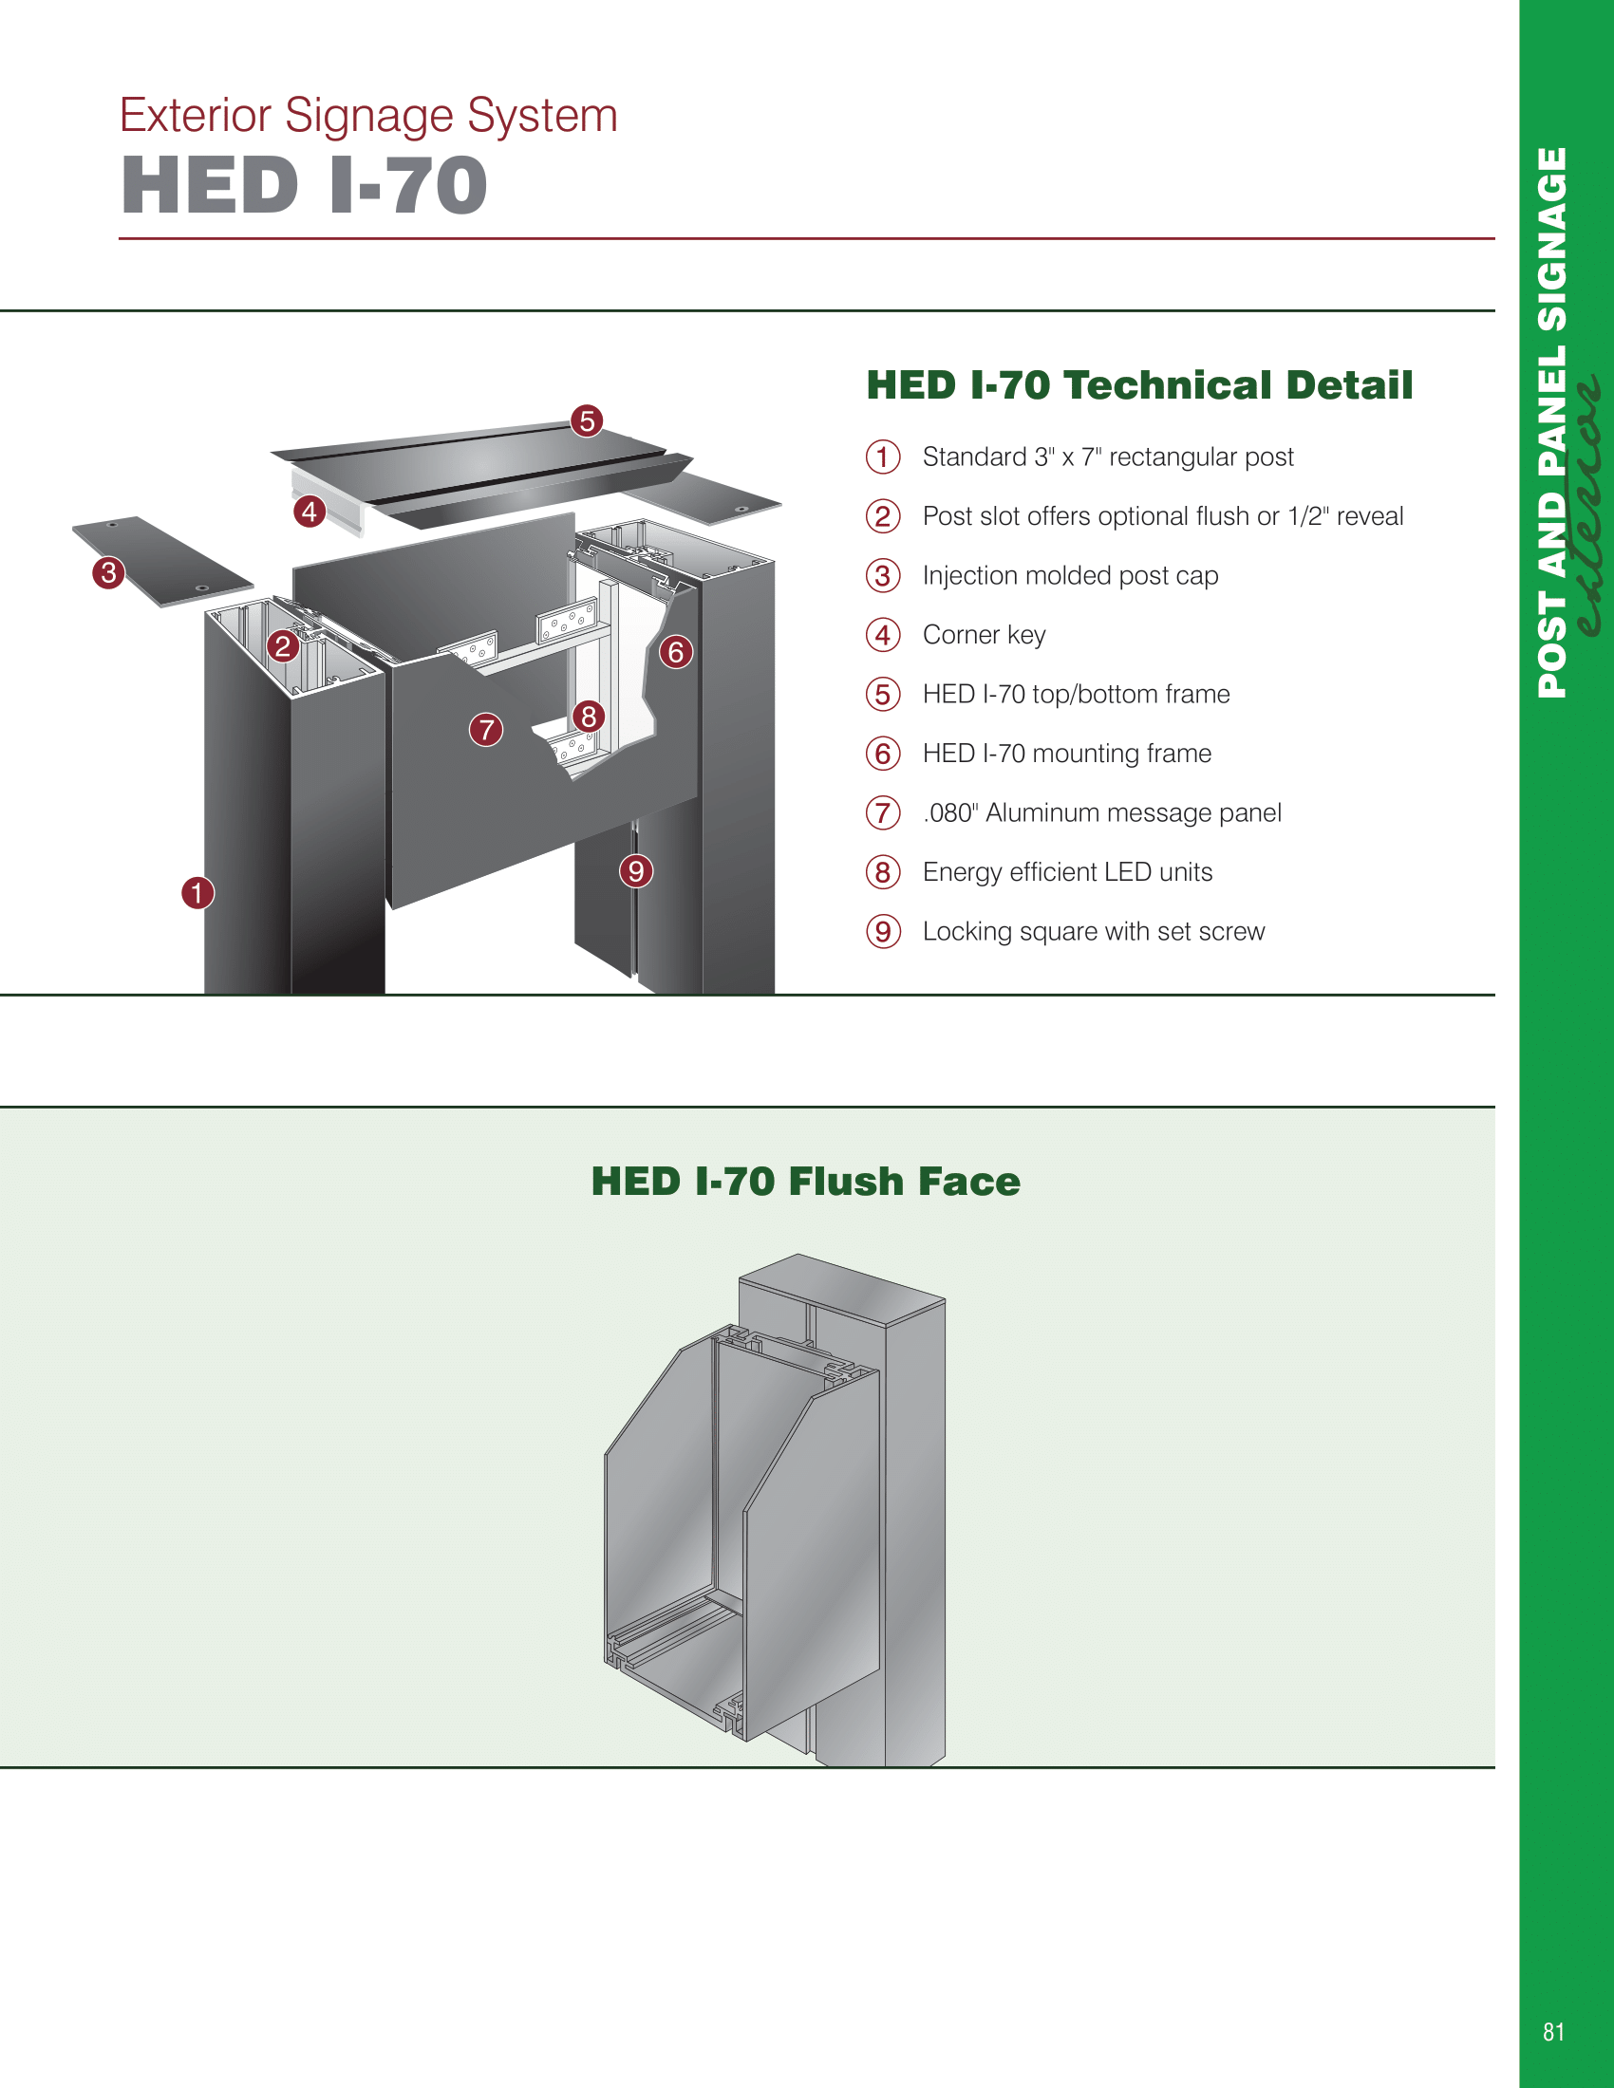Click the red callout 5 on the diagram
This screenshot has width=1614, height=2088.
pyautogui.click(x=587, y=420)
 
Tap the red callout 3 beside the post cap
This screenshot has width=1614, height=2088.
pyautogui.click(x=109, y=572)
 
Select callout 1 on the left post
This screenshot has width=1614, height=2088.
pyautogui.click(x=197, y=893)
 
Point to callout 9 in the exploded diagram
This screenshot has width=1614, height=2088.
pyautogui.click(x=636, y=871)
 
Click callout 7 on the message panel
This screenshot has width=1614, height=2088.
pyautogui.click(x=486, y=730)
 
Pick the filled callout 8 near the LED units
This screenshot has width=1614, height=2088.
pyautogui.click(x=588, y=715)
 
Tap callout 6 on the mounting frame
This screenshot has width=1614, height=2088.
pyautogui.click(x=676, y=652)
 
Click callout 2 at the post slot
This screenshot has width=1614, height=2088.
pyautogui.click(x=282, y=646)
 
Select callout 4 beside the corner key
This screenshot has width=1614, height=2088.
pyautogui.click(x=309, y=512)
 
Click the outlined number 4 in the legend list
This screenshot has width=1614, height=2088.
pyautogui.click(x=883, y=635)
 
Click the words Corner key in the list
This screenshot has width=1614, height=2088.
pyautogui.click(x=983, y=635)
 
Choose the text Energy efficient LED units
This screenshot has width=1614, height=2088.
pyautogui.click(x=1066, y=872)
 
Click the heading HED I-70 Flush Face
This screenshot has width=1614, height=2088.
pyautogui.click(x=805, y=1182)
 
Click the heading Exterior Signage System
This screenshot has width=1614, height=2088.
pyautogui.click(x=368, y=116)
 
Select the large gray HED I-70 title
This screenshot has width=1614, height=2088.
pyautogui.click(x=304, y=185)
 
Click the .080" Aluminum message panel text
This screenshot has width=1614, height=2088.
pyautogui.click(x=1101, y=812)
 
